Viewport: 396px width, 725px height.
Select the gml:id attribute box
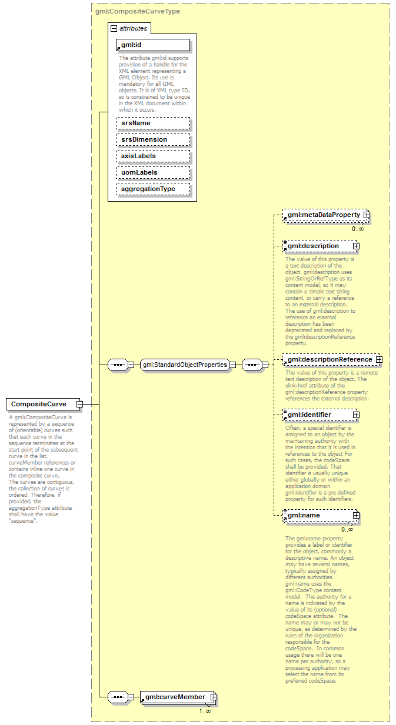pos(153,45)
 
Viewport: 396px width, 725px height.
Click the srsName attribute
pos(153,123)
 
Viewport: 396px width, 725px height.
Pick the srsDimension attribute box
pos(153,139)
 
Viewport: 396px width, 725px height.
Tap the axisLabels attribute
pos(153,156)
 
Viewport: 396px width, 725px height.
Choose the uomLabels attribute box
pos(153,172)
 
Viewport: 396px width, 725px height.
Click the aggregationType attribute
pos(153,189)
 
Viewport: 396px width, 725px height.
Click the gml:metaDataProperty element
pos(323,216)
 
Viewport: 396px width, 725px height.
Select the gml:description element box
pos(317,246)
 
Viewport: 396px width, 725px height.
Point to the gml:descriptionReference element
pos(329,359)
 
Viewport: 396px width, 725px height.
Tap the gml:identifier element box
pos(317,415)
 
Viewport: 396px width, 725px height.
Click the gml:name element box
pos(317,516)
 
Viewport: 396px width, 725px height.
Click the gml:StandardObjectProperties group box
pos(184,365)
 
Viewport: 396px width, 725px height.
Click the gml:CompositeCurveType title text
pos(138,11)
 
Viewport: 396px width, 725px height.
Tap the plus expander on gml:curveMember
pos(214,697)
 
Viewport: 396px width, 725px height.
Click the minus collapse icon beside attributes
pos(114,28)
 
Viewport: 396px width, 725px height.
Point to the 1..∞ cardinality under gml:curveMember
pos(205,711)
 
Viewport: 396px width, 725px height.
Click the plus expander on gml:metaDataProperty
pos(367,216)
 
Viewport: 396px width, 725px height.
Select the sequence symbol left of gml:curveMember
pos(118,697)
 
